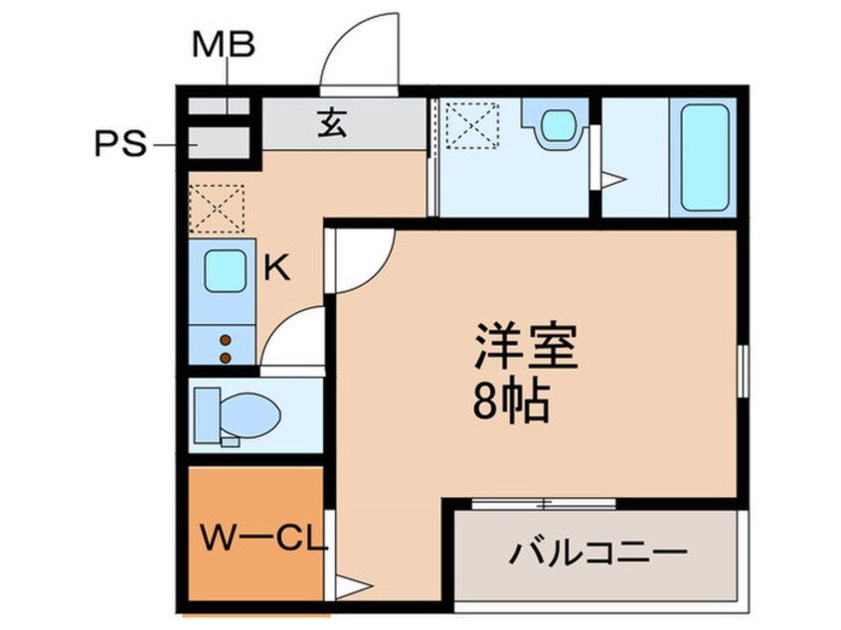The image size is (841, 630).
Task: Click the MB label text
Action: pos(224,45)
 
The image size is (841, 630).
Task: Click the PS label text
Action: pos(120,146)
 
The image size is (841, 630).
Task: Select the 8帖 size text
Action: pos(513,402)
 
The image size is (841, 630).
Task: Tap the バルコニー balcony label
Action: pos(600,552)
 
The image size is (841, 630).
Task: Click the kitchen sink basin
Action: pos(226,271)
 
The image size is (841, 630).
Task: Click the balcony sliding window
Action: pos(542,503)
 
